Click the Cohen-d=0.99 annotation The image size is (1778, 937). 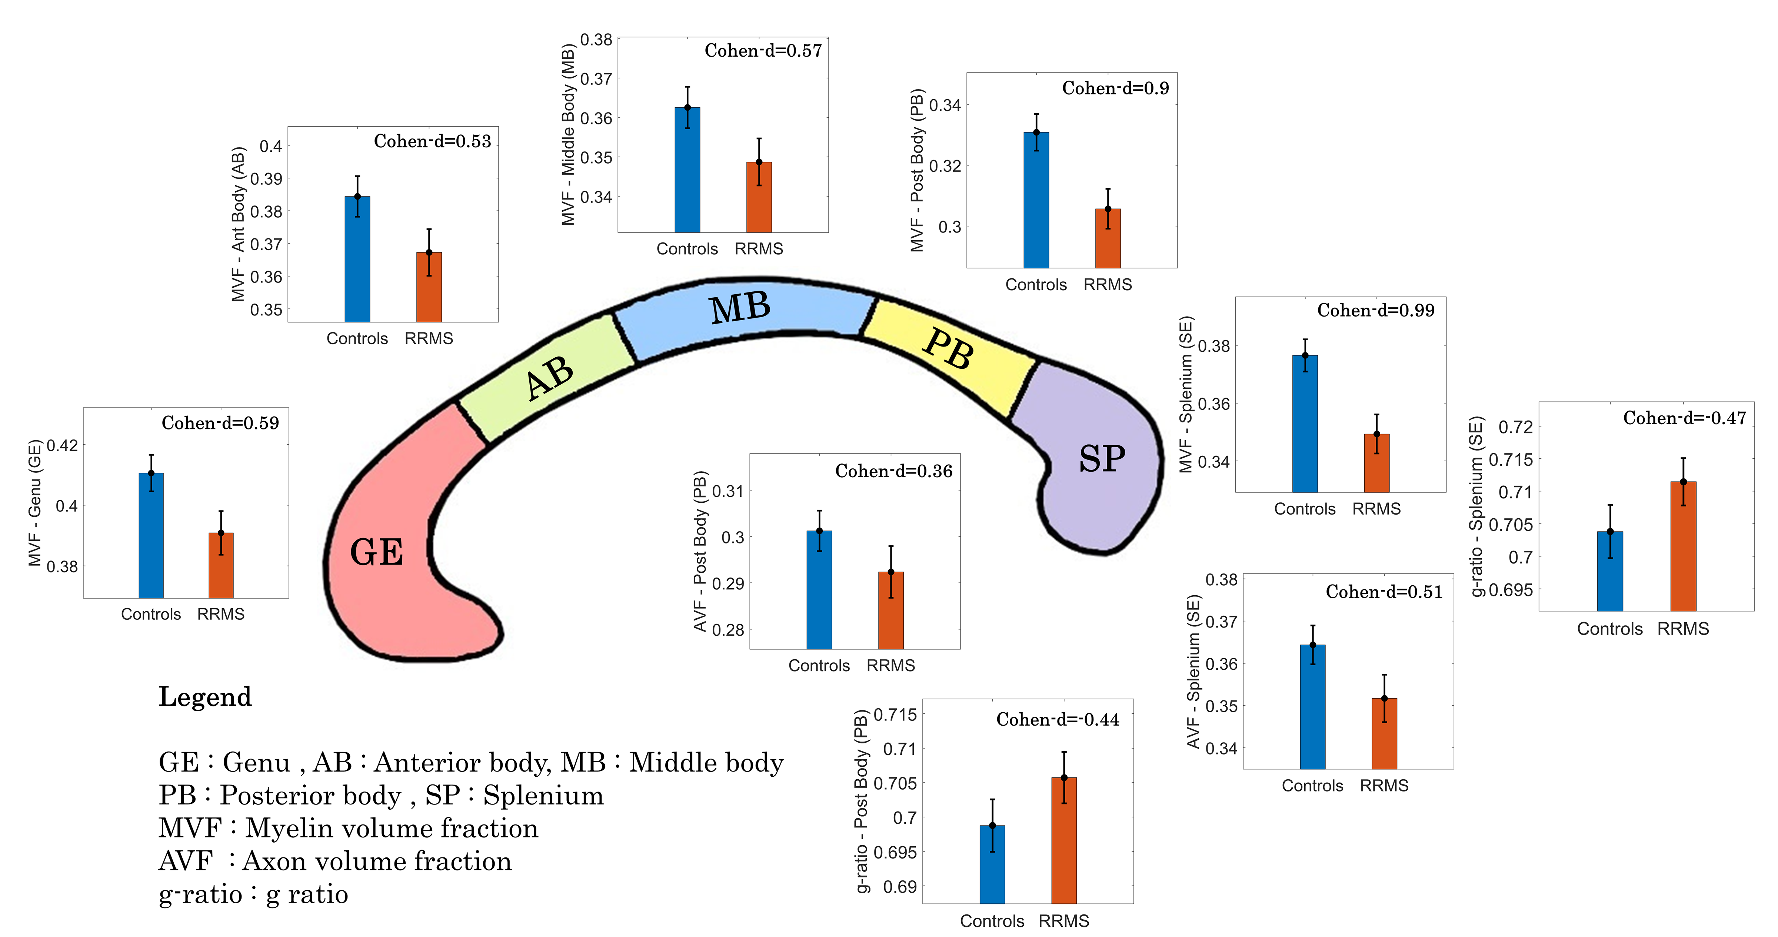tap(1376, 311)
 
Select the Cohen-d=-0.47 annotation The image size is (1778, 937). tap(1684, 418)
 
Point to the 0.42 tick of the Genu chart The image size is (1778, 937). tap(62, 445)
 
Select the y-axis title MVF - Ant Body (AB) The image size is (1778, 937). tap(238, 224)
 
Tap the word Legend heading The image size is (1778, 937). tap(205, 697)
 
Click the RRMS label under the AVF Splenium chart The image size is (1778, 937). tap(1384, 786)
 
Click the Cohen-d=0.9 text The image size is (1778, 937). tap(1115, 88)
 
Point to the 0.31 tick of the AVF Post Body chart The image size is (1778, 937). tap(727, 491)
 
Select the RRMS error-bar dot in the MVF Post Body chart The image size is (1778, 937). tap(1108, 208)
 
